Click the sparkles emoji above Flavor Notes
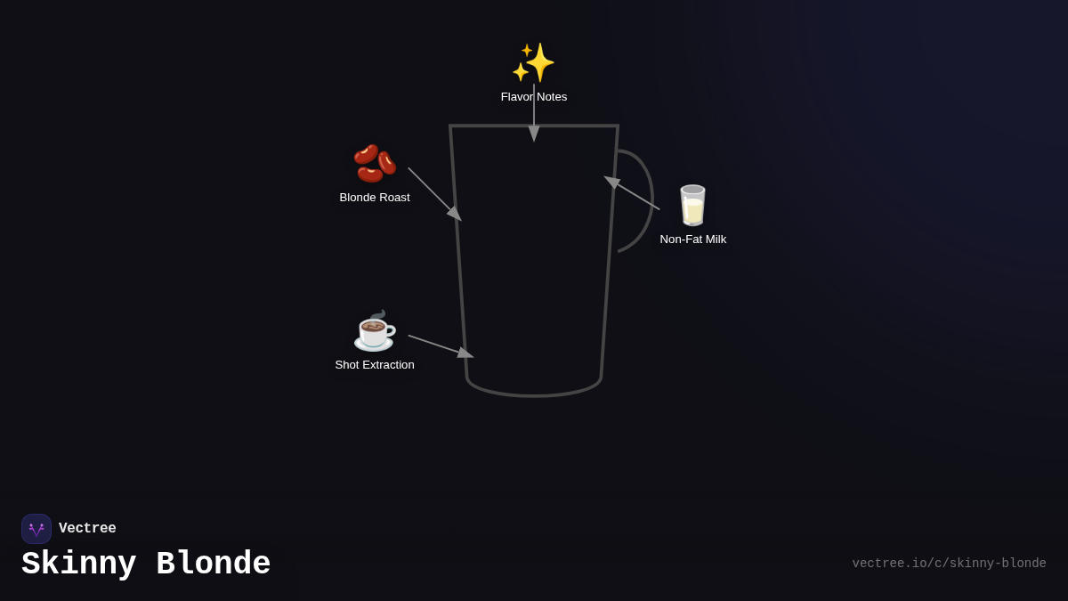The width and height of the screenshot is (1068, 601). click(x=533, y=62)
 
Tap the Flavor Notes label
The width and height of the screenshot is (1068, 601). click(x=534, y=97)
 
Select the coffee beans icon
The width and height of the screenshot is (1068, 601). click(x=375, y=163)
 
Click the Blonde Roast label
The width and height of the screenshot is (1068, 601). click(x=375, y=198)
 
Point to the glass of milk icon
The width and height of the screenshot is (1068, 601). click(x=692, y=206)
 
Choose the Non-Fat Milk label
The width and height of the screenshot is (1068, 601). click(x=692, y=240)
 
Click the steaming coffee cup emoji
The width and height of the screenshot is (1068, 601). click(x=375, y=330)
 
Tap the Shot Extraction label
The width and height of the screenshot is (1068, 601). click(x=375, y=365)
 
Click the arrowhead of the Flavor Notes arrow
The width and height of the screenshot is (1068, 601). click(x=534, y=134)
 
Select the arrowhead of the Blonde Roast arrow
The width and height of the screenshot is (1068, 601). click(x=455, y=214)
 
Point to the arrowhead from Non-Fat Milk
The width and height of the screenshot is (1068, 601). click(x=612, y=182)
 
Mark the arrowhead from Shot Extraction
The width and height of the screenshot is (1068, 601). click(x=465, y=353)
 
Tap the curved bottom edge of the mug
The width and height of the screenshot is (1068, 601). click(x=534, y=394)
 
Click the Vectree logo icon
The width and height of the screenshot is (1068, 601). click(x=36, y=529)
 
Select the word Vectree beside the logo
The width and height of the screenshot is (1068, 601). click(x=87, y=529)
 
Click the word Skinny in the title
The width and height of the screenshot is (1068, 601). click(x=79, y=564)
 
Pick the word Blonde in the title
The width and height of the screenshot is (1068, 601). click(x=214, y=564)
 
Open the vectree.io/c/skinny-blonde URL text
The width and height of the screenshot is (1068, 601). click(x=949, y=564)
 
